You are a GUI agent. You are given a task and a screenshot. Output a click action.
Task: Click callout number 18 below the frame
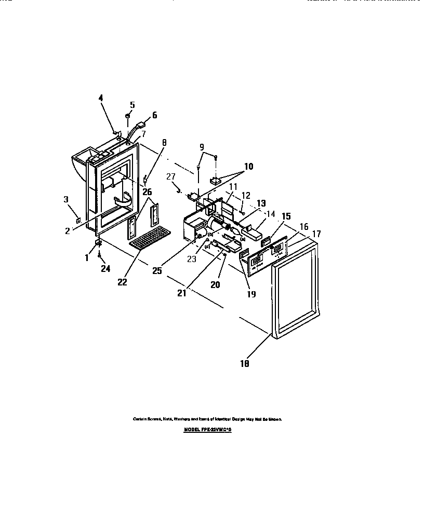tap(244, 364)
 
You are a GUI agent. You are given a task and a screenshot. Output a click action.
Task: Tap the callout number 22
tap(122, 282)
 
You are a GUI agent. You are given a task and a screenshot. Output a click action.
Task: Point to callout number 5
tap(132, 105)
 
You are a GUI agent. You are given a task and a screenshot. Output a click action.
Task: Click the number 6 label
tap(154, 115)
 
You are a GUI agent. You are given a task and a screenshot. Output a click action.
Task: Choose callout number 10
tap(248, 167)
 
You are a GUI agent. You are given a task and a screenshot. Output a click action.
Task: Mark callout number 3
tap(66, 199)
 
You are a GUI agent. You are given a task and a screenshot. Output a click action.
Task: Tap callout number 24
tap(105, 269)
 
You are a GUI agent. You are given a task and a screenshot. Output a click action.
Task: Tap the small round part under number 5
tap(127, 116)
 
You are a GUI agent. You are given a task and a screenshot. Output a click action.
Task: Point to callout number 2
tap(68, 231)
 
